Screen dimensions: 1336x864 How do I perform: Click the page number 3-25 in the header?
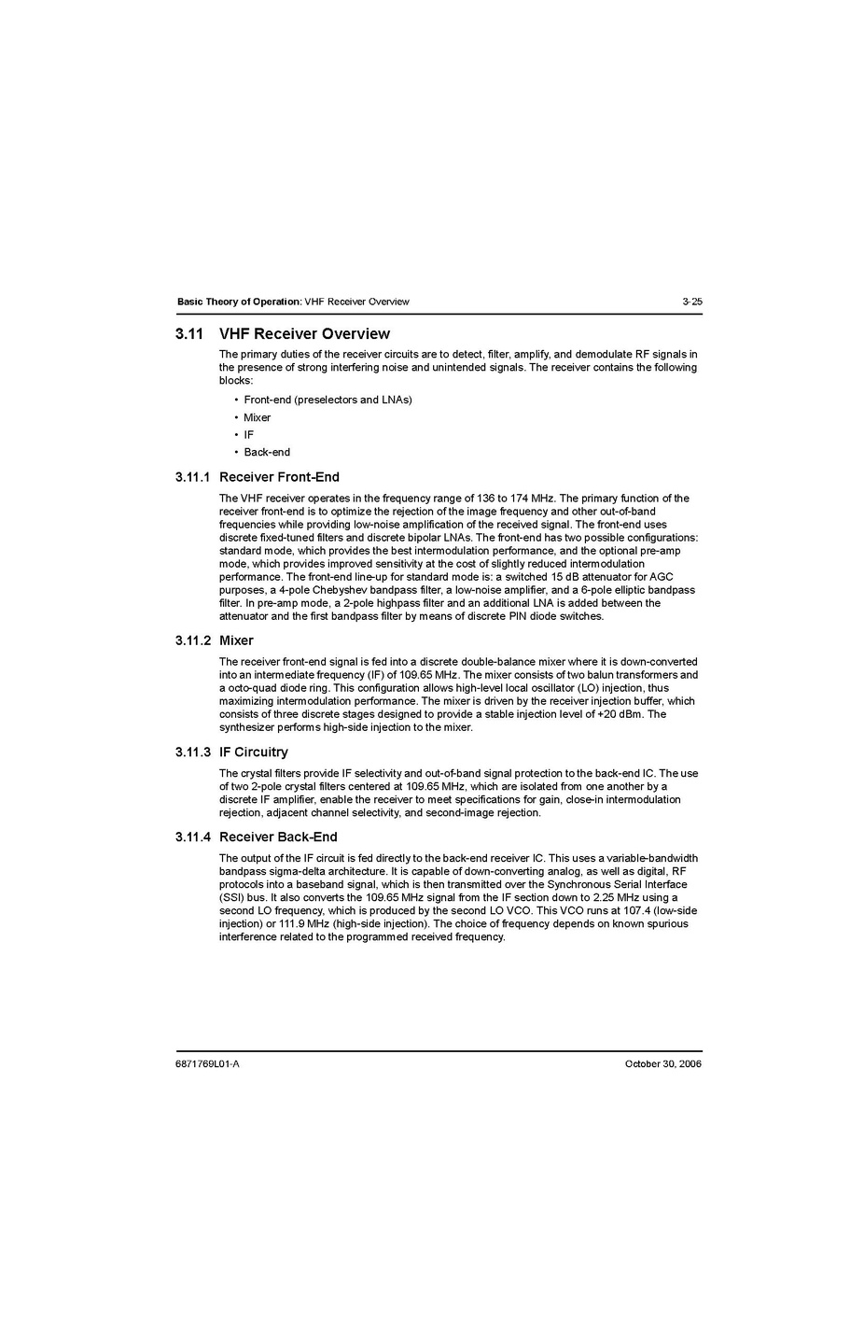coord(691,302)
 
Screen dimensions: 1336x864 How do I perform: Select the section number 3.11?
coord(189,334)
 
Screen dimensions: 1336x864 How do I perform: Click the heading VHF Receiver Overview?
coord(304,334)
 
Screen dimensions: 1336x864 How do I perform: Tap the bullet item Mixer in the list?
coord(258,417)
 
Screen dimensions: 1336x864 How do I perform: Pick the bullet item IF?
coord(249,435)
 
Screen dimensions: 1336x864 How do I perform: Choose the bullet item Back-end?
coord(267,452)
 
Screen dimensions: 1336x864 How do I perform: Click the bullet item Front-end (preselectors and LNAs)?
coord(327,400)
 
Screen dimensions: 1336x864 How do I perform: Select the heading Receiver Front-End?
coord(279,477)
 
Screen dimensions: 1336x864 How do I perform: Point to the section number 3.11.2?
coord(192,640)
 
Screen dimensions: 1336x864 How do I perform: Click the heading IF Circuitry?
coord(254,752)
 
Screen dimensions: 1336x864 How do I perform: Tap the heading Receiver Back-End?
coord(278,837)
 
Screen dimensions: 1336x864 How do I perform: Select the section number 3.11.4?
coord(192,837)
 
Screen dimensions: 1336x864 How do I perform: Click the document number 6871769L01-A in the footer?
coord(207,1064)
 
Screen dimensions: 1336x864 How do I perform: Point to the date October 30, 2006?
coord(663,1064)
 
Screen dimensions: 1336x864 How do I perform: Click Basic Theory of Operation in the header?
coord(239,302)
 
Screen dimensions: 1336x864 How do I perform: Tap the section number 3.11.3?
coord(192,752)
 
